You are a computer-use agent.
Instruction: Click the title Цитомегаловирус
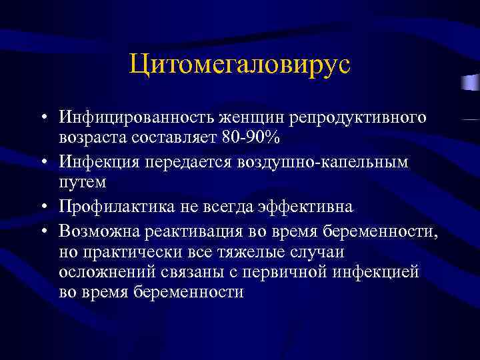click(x=239, y=66)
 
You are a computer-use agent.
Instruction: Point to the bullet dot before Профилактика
click(x=42, y=207)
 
